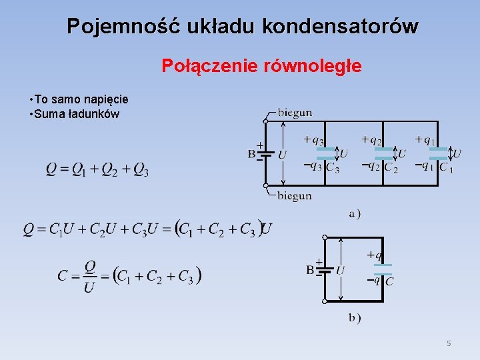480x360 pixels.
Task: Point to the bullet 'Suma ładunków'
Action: click(77, 114)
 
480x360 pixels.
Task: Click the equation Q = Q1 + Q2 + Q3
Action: click(97, 169)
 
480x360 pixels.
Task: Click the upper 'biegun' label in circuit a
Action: click(294, 113)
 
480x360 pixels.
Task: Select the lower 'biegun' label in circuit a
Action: click(294, 195)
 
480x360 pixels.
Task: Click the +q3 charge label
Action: click(313, 140)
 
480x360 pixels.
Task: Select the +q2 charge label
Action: click(371, 140)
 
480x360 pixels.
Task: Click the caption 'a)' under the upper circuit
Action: click(355, 214)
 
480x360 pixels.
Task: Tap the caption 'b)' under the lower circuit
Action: click(355, 318)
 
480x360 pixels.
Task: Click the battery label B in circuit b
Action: click(310, 270)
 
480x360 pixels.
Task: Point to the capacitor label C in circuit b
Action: click(389, 282)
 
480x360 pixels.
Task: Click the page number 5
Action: click(449, 343)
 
